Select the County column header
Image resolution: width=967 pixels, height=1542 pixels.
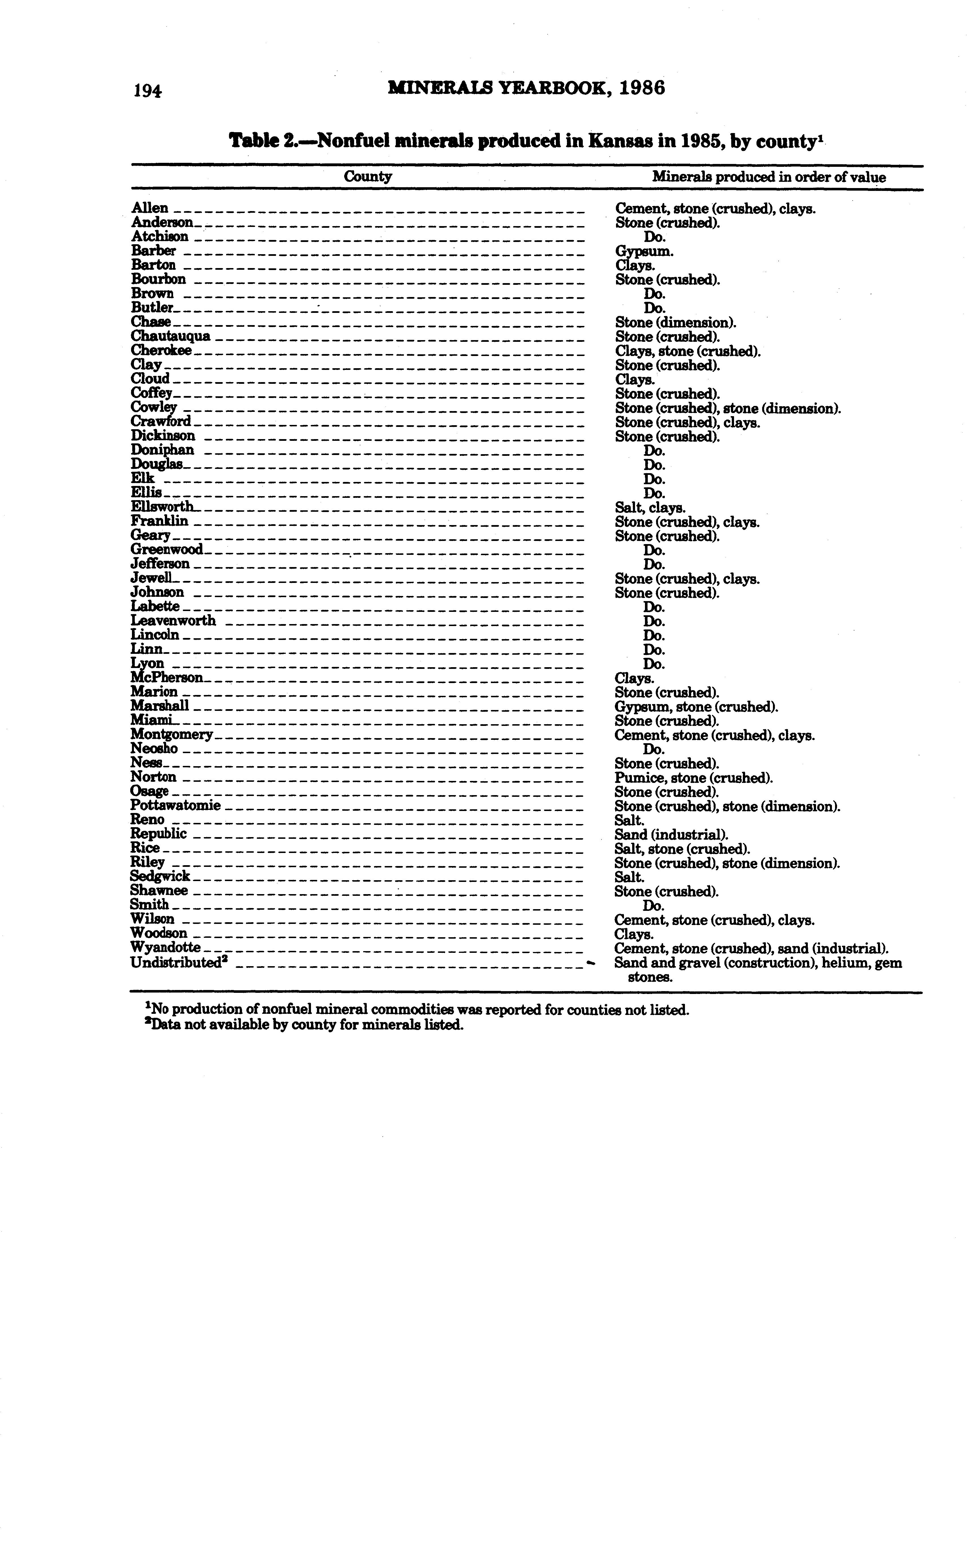[x=368, y=176]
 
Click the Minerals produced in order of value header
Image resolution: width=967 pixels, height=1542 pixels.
[x=769, y=177]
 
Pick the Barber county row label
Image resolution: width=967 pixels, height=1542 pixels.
[x=154, y=250]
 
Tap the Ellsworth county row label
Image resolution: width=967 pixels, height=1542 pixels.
[x=163, y=507]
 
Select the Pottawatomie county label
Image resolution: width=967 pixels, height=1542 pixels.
[x=175, y=806]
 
